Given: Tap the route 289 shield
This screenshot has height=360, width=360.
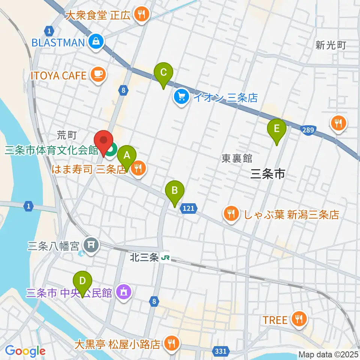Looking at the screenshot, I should tap(308, 129).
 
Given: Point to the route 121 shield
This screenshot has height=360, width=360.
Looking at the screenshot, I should tap(189, 208).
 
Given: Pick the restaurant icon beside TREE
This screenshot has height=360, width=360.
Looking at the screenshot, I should tap(298, 319).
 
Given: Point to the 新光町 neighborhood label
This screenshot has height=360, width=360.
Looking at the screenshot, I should tap(330, 45).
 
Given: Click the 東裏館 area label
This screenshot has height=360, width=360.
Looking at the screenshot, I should tap(237, 158).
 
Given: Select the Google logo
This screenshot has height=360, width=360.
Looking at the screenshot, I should tap(25, 351).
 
